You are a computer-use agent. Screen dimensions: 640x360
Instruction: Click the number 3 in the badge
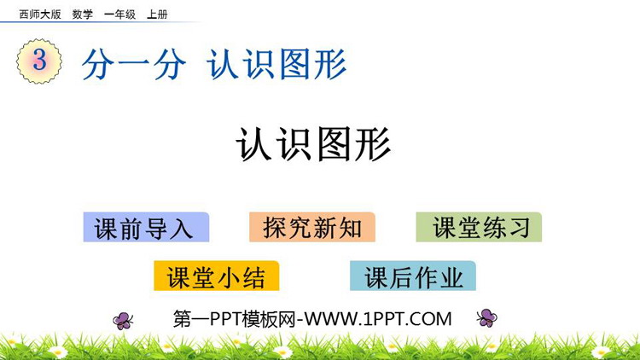pyautogui.click(x=39, y=60)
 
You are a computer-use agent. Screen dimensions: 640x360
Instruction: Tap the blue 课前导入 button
pyautogui.click(x=146, y=228)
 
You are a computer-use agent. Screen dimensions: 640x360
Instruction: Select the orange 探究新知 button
pyautogui.click(x=312, y=227)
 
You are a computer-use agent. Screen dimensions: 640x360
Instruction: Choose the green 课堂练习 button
pyautogui.click(x=479, y=227)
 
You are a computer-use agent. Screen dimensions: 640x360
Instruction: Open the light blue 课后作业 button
pyautogui.click(x=413, y=276)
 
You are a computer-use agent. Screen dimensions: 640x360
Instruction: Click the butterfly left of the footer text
pyautogui.click(x=123, y=321)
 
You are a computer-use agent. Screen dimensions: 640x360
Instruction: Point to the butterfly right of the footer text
pyautogui.click(x=487, y=317)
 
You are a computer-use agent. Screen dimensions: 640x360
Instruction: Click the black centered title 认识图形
pyautogui.click(x=313, y=144)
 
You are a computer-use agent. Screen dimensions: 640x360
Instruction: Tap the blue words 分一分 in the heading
pyautogui.click(x=134, y=65)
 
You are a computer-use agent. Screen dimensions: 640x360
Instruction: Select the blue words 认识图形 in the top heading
pyautogui.click(x=276, y=64)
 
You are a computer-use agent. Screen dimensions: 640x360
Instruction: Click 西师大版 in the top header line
pyautogui.click(x=40, y=15)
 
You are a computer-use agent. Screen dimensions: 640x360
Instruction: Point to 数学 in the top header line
pyautogui.click(x=83, y=15)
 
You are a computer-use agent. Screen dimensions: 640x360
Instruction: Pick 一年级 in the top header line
pyautogui.click(x=119, y=15)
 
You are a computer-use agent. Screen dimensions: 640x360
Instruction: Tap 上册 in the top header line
pyautogui.click(x=157, y=15)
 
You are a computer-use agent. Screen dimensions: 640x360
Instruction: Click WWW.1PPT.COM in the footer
pyautogui.click(x=378, y=319)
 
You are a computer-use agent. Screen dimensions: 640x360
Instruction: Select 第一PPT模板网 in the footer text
pyautogui.click(x=235, y=319)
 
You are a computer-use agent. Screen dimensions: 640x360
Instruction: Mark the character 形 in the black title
pyautogui.click(x=373, y=144)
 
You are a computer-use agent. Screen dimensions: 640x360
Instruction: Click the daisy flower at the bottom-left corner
pyautogui.click(x=57, y=351)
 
